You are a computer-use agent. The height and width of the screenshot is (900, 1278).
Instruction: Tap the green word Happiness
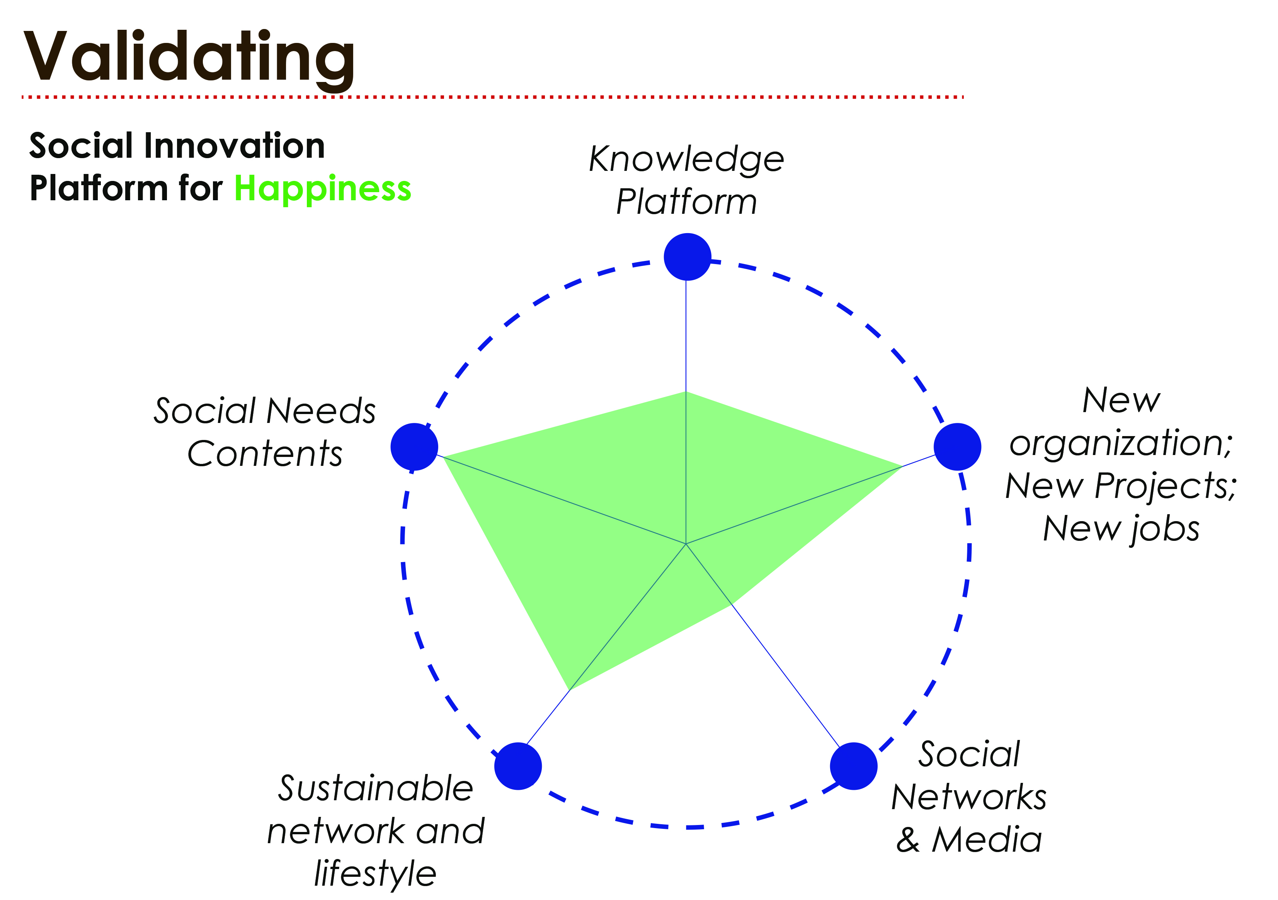pyautogui.click(x=322, y=189)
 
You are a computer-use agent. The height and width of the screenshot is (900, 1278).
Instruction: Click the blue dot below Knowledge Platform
pyautogui.click(x=687, y=257)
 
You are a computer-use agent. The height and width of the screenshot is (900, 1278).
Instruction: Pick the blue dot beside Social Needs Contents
pyautogui.click(x=414, y=447)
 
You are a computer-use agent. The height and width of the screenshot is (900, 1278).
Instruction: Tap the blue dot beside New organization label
pyautogui.click(x=957, y=447)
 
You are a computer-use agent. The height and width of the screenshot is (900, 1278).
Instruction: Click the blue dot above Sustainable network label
pyautogui.click(x=518, y=766)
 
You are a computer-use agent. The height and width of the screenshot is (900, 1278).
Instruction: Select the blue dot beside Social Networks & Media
pyautogui.click(x=853, y=766)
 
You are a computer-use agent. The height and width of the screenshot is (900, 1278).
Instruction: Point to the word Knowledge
pyautogui.click(x=686, y=160)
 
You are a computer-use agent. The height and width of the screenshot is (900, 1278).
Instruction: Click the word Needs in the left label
pyautogui.click(x=321, y=412)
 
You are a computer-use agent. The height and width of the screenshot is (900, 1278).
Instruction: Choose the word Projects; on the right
pyautogui.click(x=1166, y=486)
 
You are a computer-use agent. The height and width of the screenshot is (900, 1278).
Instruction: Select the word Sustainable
pyautogui.click(x=376, y=789)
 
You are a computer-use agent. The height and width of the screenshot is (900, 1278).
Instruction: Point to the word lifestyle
pyautogui.click(x=375, y=873)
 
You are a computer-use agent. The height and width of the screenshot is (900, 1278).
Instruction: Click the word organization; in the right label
pyautogui.click(x=1121, y=444)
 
